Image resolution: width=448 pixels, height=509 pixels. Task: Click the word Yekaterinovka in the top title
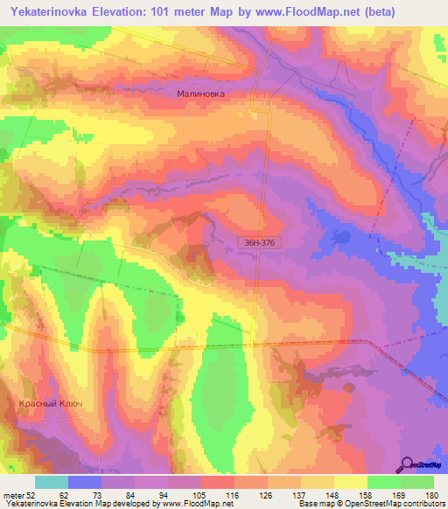click(52, 12)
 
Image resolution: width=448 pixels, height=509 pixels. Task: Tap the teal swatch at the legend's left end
click(51, 482)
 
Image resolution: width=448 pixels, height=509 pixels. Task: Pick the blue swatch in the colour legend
click(85, 482)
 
